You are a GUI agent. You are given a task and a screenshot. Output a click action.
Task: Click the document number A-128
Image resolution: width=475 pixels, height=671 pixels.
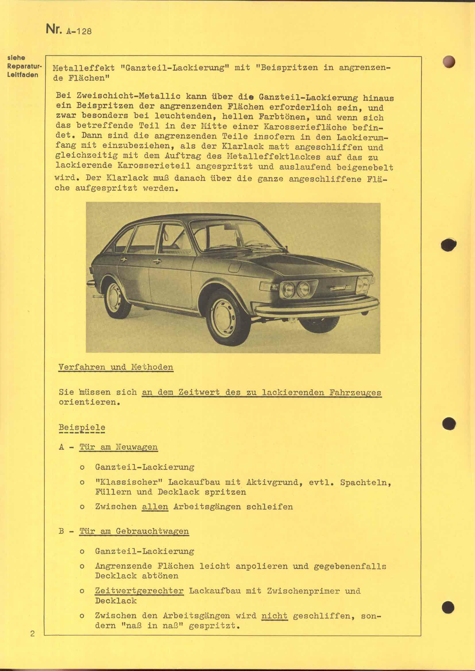pyautogui.click(x=79, y=31)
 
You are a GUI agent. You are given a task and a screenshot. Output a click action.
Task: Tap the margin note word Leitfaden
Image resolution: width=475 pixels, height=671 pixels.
pyautogui.click(x=23, y=75)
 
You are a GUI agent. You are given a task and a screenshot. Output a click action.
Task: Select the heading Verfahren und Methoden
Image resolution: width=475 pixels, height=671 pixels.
pyautogui.click(x=116, y=367)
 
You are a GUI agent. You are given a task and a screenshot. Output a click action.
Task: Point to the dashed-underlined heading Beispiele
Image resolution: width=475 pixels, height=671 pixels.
pyautogui.click(x=82, y=427)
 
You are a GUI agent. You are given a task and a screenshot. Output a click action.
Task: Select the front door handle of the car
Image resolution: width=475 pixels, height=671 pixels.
pyautogui.click(x=157, y=261)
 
